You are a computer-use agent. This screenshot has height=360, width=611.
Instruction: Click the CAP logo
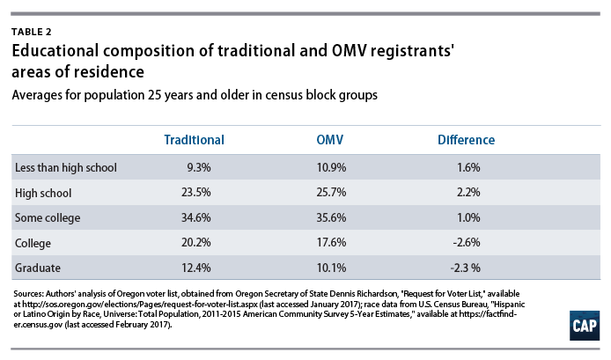584,326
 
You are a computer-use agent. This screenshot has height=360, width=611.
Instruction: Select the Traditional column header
194,140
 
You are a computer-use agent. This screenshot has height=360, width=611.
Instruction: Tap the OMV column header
329,140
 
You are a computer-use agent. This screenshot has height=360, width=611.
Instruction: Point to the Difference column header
466,140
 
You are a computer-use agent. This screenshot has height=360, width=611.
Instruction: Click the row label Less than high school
66,167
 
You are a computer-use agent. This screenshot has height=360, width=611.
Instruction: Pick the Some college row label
48,217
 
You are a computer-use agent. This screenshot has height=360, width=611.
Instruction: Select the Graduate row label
38,268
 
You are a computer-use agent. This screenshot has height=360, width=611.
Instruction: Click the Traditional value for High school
196,193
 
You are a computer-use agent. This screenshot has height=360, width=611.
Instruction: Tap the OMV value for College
331,242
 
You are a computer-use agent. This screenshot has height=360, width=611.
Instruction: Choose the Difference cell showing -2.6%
467,242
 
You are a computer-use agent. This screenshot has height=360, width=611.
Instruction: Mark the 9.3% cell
199,167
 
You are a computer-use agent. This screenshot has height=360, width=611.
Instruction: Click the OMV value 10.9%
331,167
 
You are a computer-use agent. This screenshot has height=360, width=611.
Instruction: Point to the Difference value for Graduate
465,268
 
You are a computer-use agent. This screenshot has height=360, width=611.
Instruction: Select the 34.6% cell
196,217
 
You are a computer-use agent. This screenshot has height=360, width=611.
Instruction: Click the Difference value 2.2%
468,193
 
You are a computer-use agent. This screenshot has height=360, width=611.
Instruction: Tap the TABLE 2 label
32,32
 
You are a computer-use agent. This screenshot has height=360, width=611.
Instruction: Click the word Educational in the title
55,51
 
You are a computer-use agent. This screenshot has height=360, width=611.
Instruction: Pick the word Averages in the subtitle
37,95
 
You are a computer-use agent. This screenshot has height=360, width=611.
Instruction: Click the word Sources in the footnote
28,294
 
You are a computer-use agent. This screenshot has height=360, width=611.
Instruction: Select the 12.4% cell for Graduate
196,268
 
